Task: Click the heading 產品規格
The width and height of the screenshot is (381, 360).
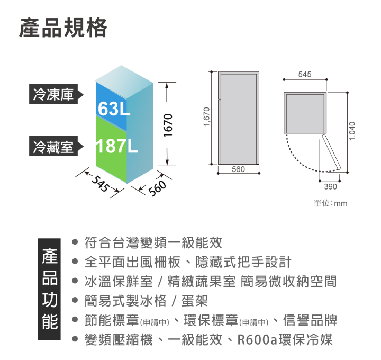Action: click(x=63, y=28)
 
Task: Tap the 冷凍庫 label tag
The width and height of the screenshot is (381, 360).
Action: click(x=56, y=94)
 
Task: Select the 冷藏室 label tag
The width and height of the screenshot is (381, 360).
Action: click(x=56, y=146)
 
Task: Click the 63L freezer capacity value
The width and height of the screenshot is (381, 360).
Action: click(x=114, y=109)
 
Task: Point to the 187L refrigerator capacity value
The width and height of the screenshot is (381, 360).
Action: click(x=117, y=146)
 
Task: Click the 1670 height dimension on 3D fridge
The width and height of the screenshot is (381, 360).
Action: click(x=168, y=125)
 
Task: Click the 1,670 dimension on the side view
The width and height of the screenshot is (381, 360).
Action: click(x=206, y=116)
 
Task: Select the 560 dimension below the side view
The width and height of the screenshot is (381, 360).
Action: click(x=238, y=169)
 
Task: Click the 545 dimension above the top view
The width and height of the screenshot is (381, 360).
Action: click(x=305, y=74)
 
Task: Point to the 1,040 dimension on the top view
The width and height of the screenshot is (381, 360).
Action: click(x=352, y=131)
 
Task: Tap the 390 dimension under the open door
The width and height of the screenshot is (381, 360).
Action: click(x=330, y=187)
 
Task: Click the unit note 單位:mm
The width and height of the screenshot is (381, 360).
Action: click(x=330, y=203)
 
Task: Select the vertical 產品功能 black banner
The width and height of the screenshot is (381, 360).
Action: click(x=49, y=289)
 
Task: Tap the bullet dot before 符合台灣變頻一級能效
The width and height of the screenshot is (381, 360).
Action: click(x=75, y=242)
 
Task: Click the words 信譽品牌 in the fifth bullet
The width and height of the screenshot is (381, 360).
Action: click(x=310, y=320)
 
